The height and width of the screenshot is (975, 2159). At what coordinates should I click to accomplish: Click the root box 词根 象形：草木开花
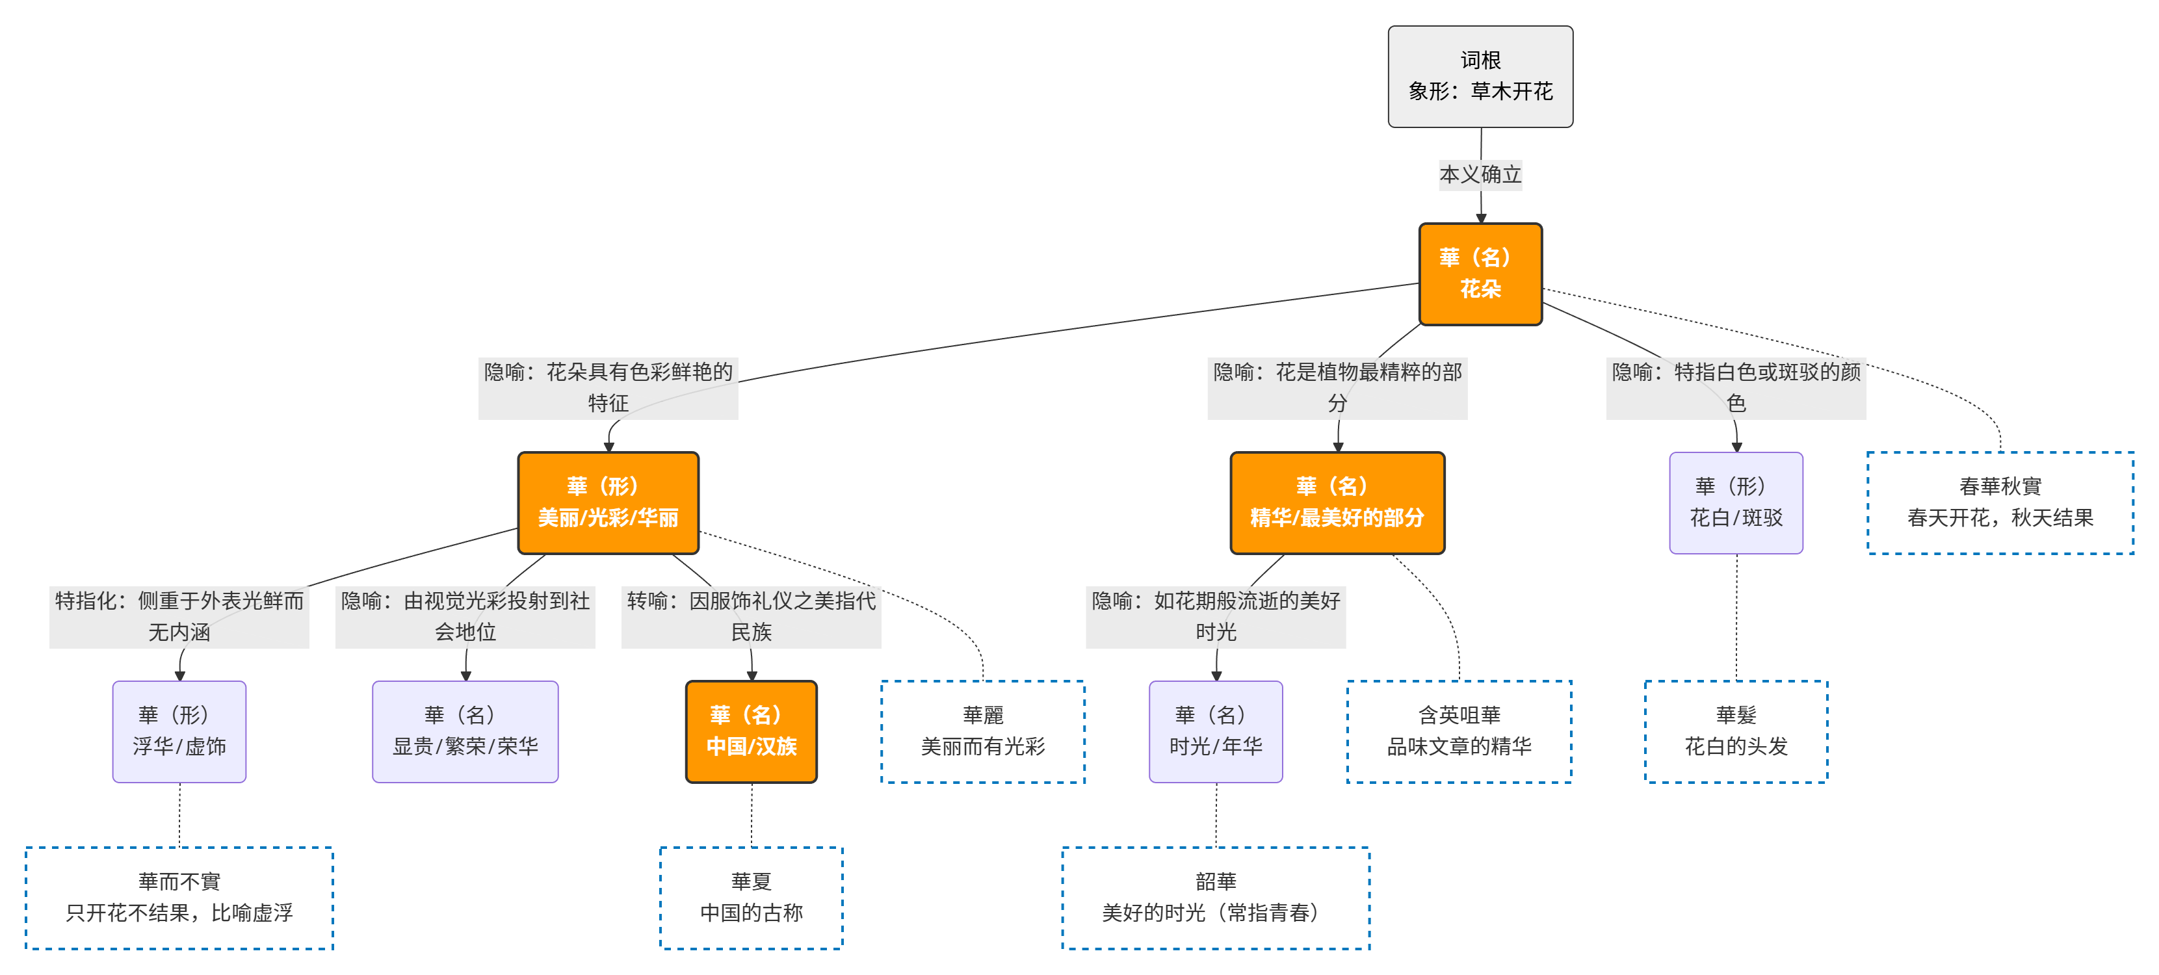(1480, 76)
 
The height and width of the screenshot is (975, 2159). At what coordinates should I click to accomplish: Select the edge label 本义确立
(1480, 174)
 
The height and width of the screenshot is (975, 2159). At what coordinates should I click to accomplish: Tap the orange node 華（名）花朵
(1480, 273)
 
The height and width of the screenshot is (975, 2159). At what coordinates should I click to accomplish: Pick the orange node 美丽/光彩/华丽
(608, 502)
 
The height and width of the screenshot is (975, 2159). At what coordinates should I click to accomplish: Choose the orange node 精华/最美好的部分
(1337, 502)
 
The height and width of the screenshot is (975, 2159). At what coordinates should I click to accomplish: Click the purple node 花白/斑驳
(1736, 502)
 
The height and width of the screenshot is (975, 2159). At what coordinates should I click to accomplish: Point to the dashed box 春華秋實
(2000, 502)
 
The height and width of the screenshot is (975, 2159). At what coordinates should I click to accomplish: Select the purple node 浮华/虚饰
(179, 731)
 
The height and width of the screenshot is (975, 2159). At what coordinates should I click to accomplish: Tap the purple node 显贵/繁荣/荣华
(465, 731)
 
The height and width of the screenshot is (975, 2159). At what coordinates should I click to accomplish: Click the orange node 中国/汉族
(751, 731)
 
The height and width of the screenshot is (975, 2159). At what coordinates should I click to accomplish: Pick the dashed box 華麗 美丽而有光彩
(982, 731)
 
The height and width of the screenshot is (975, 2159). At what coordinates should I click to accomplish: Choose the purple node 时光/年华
(1215, 731)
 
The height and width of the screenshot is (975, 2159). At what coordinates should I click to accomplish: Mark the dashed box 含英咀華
(1459, 731)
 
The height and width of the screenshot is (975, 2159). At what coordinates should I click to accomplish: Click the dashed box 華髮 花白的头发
(1736, 731)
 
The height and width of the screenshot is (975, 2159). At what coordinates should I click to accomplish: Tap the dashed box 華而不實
(179, 897)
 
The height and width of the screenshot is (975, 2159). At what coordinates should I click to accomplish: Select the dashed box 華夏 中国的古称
(751, 897)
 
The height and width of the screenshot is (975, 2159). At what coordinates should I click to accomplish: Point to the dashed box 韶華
(1215, 897)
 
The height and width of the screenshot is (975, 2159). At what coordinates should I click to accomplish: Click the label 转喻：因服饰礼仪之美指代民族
(751, 616)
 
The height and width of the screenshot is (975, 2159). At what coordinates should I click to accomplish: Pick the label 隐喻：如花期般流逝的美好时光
(1215, 616)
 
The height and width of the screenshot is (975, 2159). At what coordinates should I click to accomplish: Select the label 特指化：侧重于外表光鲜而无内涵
(179, 616)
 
